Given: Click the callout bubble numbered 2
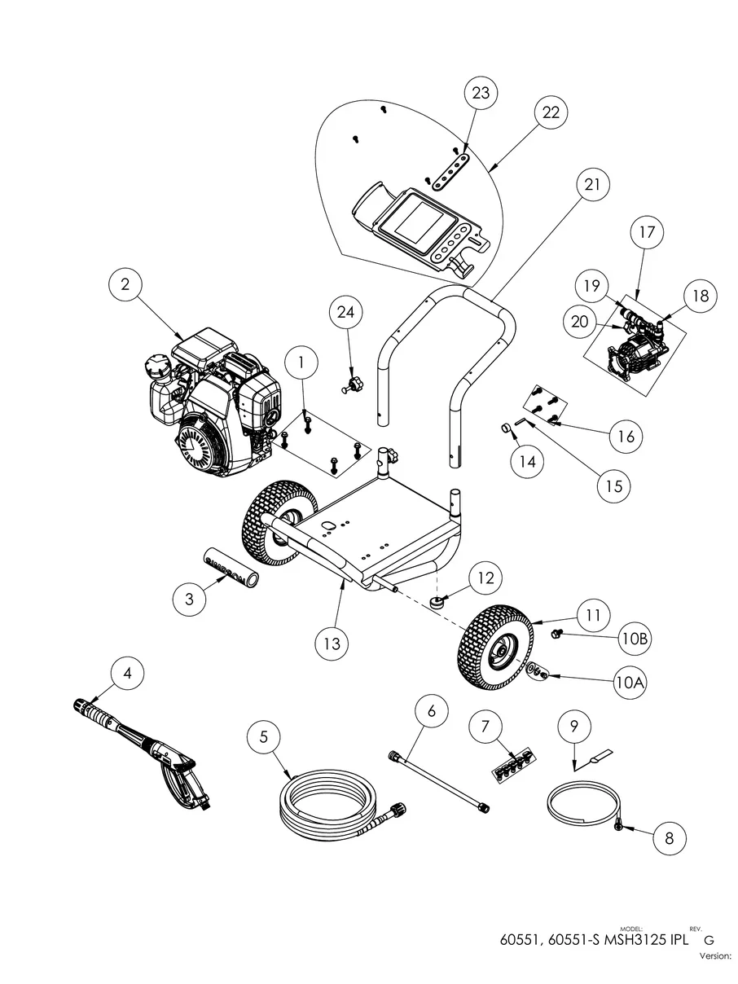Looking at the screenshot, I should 125,284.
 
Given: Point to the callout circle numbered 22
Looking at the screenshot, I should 551,113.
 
